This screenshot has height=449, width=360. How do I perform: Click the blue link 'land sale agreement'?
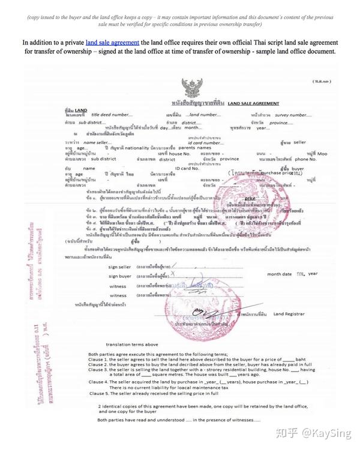click(x=113, y=43)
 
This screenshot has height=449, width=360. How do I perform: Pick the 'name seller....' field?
click(x=98, y=142)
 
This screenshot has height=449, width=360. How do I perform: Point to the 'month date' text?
click(x=279, y=273)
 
